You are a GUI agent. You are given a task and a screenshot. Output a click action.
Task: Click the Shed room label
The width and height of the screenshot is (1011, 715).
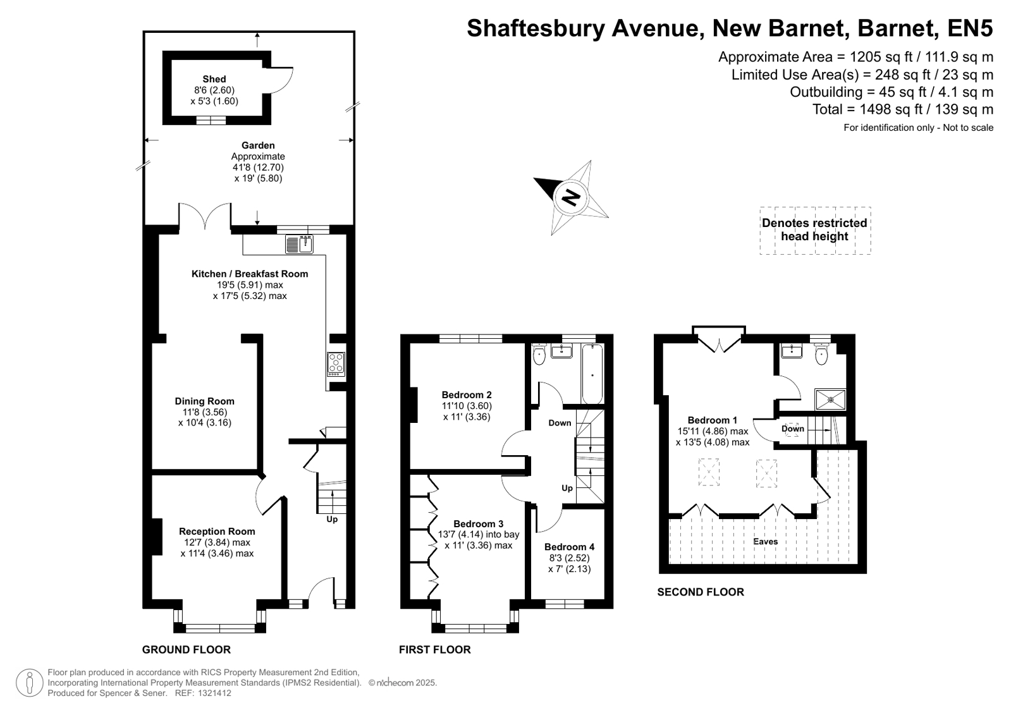pyautogui.click(x=214, y=79)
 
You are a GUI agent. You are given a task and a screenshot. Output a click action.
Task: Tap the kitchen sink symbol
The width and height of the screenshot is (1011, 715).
pyautogui.click(x=299, y=244)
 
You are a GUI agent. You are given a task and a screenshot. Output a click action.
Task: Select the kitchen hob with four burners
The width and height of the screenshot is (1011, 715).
pyautogui.click(x=336, y=364)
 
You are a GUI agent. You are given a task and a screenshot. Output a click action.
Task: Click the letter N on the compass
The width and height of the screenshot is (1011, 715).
pyautogui.click(x=572, y=198)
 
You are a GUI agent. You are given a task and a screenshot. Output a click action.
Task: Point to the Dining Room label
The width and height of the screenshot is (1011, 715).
pyautogui.click(x=204, y=401)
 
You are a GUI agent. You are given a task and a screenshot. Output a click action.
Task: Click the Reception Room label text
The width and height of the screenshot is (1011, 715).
pyautogui.click(x=217, y=531)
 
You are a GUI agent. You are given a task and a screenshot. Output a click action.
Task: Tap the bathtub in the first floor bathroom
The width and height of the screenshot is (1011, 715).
pyautogui.click(x=592, y=374)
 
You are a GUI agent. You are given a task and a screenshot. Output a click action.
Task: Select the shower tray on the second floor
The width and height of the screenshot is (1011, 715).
pyautogui.click(x=830, y=400)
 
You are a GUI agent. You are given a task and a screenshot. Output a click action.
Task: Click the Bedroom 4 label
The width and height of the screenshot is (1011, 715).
pyautogui.click(x=569, y=547)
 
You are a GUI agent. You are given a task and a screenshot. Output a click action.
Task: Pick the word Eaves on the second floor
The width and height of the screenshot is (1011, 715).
pyautogui.click(x=766, y=541)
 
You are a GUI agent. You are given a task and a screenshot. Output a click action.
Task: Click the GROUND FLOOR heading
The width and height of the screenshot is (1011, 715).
pyautogui.click(x=187, y=649)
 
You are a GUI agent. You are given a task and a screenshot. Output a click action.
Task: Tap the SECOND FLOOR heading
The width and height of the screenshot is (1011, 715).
pyautogui.click(x=701, y=592)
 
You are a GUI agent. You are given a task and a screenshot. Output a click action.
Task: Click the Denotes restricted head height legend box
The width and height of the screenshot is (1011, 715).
pyautogui.click(x=815, y=230)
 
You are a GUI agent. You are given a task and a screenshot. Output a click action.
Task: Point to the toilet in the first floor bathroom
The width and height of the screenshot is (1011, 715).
pyautogui.click(x=539, y=355)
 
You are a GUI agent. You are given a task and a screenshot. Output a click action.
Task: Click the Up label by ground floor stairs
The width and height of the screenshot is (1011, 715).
pyautogui.click(x=332, y=519)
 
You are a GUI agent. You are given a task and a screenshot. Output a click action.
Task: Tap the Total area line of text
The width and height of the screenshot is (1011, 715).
pyautogui.click(x=903, y=109)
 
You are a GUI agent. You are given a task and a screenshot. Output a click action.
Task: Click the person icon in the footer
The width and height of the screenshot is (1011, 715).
pyautogui.click(x=30, y=683)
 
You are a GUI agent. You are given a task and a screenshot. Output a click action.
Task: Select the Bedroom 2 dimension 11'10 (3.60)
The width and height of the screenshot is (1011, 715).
pyautogui.click(x=467, y=406)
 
